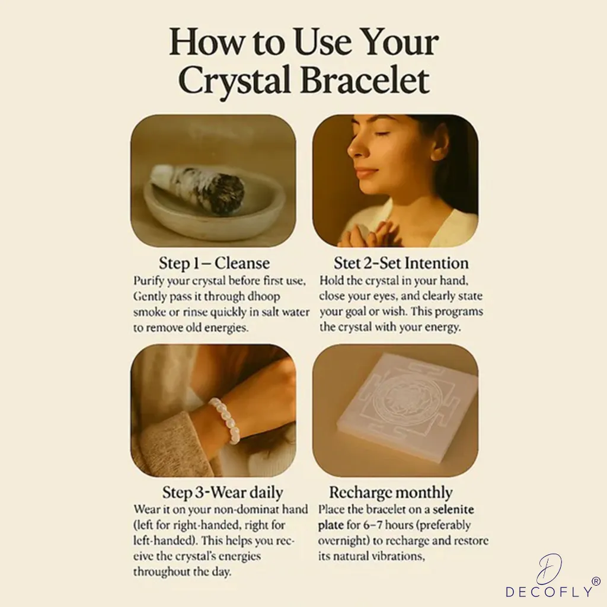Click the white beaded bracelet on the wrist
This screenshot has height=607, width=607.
tap(226, 421)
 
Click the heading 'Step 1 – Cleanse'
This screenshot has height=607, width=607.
tap(214, 263)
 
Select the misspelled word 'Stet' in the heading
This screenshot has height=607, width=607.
tap(346, 263)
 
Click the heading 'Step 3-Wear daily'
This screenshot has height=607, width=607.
tap(223, 493)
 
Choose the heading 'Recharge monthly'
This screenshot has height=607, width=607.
tap(391, 493)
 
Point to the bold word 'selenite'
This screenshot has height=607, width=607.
tap(453, 509)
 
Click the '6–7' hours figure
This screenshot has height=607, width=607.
tap(373, 525)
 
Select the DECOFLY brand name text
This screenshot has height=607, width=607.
tap(550, 592)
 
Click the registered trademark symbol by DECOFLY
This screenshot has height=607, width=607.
tap(596, 581)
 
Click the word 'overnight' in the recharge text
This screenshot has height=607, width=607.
tap(343, 541)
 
